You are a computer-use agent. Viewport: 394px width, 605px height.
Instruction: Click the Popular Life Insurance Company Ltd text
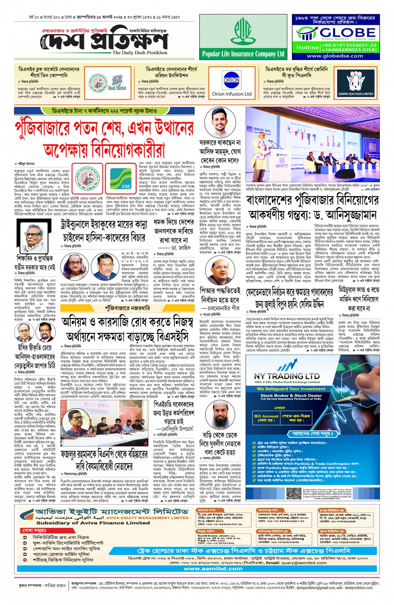click(x=243, y=54)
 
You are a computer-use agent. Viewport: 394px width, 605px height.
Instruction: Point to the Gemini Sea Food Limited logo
click(x=356, y=83)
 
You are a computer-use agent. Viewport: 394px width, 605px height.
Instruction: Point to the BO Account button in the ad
click(x=266, y=417)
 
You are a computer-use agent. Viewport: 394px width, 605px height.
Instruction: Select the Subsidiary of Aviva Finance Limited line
click(x=93, y=522)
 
